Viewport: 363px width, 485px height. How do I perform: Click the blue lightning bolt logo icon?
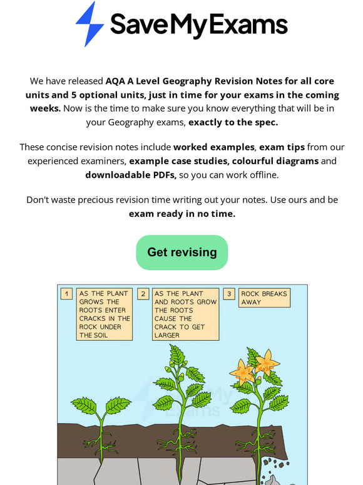89,24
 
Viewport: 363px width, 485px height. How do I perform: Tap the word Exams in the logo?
253,24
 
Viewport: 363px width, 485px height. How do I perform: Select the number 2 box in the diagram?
143,294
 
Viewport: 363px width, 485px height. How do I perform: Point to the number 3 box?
230,294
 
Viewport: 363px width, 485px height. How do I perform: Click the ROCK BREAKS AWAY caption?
265,298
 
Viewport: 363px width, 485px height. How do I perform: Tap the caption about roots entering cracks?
105,314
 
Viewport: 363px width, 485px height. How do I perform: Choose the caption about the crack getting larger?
185,314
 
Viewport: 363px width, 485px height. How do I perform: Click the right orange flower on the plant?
269,362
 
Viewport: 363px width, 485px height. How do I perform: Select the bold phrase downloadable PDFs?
131,175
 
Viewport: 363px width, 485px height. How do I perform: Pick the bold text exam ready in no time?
182,214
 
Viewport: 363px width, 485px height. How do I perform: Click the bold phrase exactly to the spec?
233,122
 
